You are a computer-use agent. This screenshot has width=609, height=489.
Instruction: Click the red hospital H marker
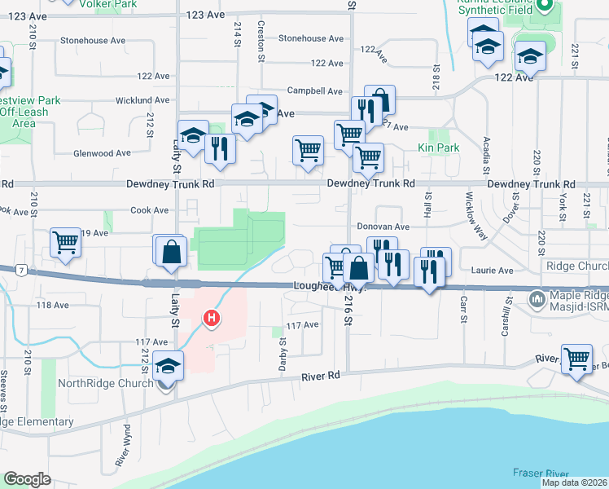click(x=212, y=317)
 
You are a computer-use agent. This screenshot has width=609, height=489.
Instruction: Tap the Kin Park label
click(x=438, y=148)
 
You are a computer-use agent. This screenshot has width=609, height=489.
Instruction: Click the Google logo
click(x=27, y=479)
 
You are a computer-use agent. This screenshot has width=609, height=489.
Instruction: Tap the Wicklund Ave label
click(x=142, y=100)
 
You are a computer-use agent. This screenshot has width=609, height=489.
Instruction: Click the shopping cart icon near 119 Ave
click(x=65, y=242)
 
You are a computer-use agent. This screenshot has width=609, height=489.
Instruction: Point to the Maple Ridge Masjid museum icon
click(x=537, y=300)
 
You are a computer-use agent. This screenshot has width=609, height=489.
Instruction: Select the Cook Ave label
click(x=150, y=210)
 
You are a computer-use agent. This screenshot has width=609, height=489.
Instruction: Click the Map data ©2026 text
click(x=574, y=482)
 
